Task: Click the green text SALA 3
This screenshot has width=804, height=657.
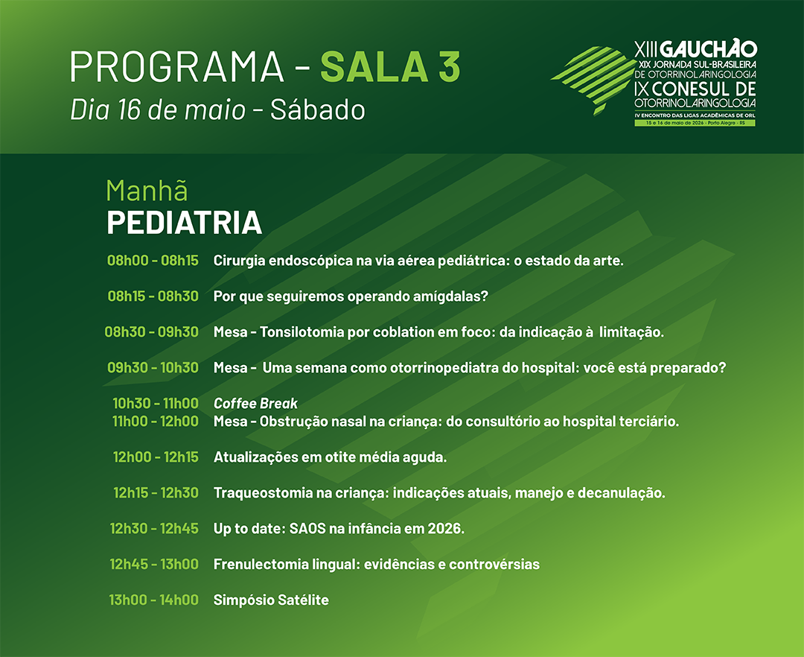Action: [x=390, y=67]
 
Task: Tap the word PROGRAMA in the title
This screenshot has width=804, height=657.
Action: [x=177, y=67]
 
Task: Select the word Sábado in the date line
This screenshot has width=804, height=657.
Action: [x=317, y=110]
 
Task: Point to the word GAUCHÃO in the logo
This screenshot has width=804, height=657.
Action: [x=708, y=48]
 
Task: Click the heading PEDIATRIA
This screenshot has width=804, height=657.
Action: [x=184, y=223]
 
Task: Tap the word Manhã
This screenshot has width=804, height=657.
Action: [x=147, y=191]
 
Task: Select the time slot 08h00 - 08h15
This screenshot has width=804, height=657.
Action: [x=153, y=261]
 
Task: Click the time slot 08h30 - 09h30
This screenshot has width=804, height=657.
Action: [x=152, y=331]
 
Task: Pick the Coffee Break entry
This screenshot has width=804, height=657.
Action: [x=255, y=404]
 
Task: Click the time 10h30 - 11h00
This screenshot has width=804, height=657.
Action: [x=156, y=404]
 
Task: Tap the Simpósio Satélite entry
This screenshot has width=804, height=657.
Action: [x=271, y=600]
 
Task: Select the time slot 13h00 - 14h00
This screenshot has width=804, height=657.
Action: [x=154, y=600]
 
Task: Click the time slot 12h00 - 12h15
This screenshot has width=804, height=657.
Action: [x=156, y=457]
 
